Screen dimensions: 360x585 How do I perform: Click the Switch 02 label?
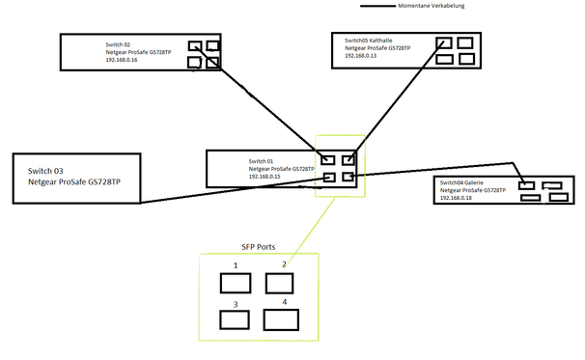[x=120, y=44]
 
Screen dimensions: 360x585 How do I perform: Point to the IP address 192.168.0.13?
[x=360, y=56]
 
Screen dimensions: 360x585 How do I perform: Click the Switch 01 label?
[x=262, y=160]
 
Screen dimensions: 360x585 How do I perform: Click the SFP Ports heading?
[x=247, y=247]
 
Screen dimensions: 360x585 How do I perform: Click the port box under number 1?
[x=236, y=283]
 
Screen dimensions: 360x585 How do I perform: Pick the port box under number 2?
[x=279, y=283]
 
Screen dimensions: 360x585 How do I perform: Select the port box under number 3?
[x=236, y=321]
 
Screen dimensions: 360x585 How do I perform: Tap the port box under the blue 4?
[x=282, y=320]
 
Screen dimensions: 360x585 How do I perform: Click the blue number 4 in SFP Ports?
[x=284, y=301]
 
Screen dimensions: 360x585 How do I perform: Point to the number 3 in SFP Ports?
[x=235, y=304]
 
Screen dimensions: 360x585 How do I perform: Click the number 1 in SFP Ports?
[x=235, y=264]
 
